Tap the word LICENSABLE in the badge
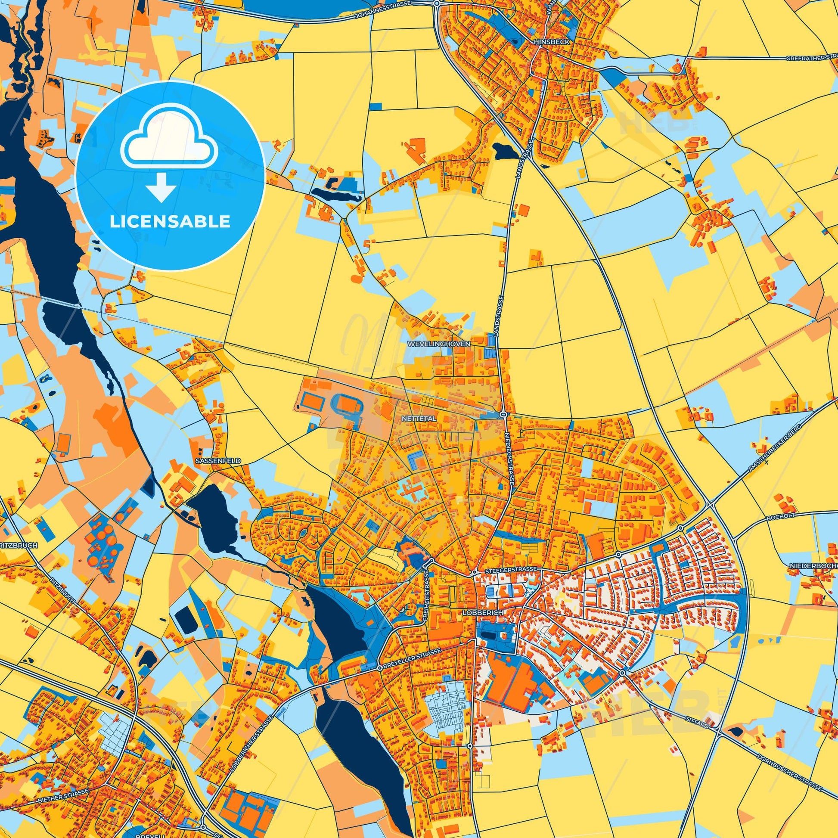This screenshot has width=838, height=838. (x=170, y=222)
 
